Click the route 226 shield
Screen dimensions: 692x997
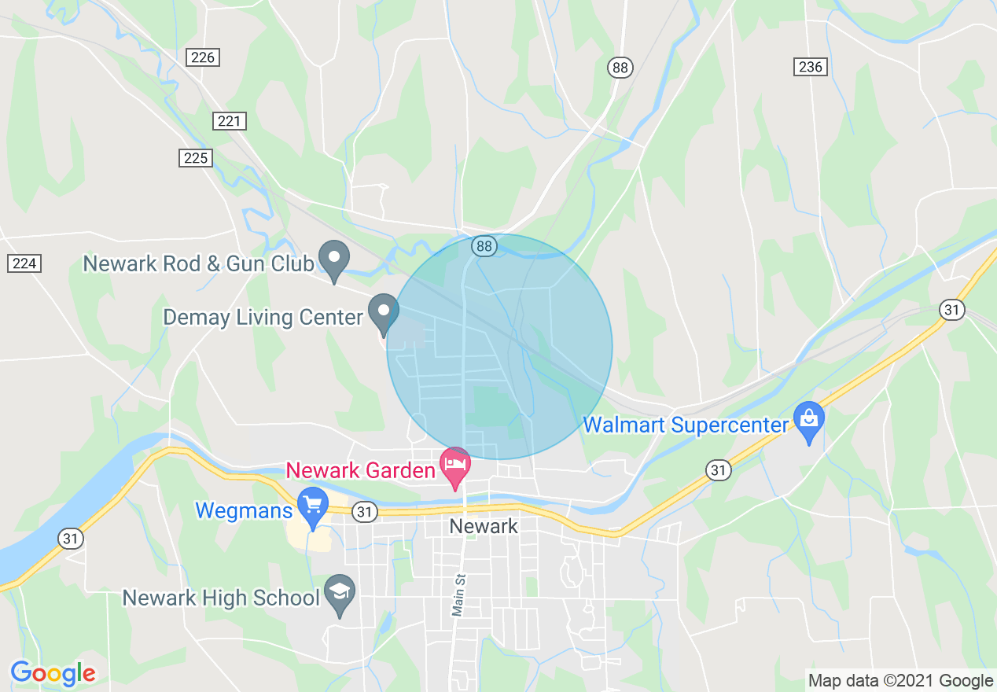202,57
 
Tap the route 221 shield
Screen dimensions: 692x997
229,121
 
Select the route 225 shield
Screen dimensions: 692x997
195,158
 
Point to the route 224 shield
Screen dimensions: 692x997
24,263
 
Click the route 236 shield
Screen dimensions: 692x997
810,67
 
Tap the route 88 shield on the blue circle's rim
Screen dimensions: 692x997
484,247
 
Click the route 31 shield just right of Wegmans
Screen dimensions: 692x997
363,512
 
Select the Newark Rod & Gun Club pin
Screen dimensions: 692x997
333,259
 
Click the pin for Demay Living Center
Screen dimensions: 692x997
384,312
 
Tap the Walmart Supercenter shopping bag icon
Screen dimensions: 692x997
809,421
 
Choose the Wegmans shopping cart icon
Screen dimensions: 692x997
314,506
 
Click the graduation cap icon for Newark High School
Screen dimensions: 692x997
340,594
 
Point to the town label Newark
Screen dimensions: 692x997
484,526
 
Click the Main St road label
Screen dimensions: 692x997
458,594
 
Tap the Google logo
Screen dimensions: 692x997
53,673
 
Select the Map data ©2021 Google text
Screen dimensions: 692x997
901,680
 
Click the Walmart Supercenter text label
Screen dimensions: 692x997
686,425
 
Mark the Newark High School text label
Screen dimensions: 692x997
222,598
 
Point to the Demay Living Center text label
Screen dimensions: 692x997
263,318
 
